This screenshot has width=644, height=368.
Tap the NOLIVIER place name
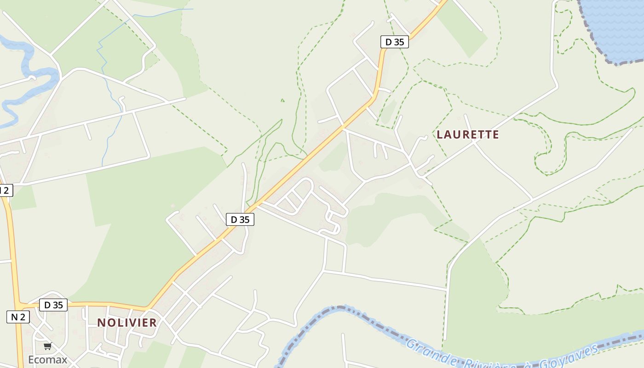point(127,322)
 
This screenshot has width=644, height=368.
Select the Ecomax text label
point(48,359)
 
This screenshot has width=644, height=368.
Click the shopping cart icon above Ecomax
point(48,346)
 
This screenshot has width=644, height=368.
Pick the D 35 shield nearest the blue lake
point(395,42)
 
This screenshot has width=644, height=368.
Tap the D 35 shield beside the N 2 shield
point(53,305)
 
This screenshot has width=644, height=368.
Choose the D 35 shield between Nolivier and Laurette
point(240,219)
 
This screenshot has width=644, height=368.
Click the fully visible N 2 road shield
point(18,316)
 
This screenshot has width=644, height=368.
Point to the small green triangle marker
point(282,100)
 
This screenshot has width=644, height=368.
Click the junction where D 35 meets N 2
point(19,305)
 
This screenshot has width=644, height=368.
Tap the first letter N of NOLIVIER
point(101,322)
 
